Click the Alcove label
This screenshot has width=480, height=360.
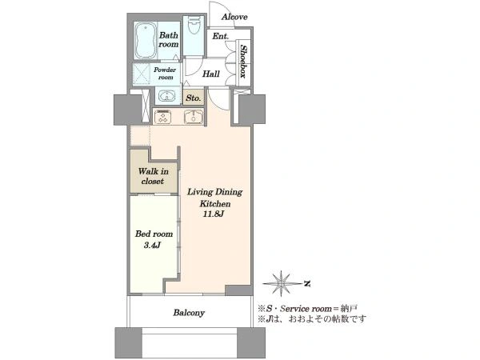[x=234, y=17]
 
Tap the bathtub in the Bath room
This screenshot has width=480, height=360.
[x=146, y=40]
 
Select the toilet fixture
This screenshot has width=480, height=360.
[x=193, y=26]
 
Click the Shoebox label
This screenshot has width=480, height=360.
[x=244, y=62]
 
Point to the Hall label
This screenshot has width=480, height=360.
[x=211, y=74]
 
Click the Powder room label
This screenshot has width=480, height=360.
[x=165, y=74]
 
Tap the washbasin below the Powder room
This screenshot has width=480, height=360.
[x=166, y=96]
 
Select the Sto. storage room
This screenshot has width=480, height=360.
[x=194, y=98]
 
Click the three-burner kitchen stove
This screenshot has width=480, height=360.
[x=163, y=117]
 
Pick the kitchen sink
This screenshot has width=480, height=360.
[x=194, y=117]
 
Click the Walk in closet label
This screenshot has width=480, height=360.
[x=153, y=176]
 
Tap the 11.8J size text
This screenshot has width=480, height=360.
[x=214, y=214]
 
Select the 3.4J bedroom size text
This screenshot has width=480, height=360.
[x=152, y=246]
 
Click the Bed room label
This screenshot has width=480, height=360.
[x=154, y=234]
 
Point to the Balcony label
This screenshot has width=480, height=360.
[x=189, y=313]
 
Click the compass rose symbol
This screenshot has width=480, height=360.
[x=282, y=283]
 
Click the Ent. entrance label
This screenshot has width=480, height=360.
[x=221, y=37]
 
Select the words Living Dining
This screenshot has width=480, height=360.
[x=215, y=192]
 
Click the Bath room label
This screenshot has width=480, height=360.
[x=168, y=39]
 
